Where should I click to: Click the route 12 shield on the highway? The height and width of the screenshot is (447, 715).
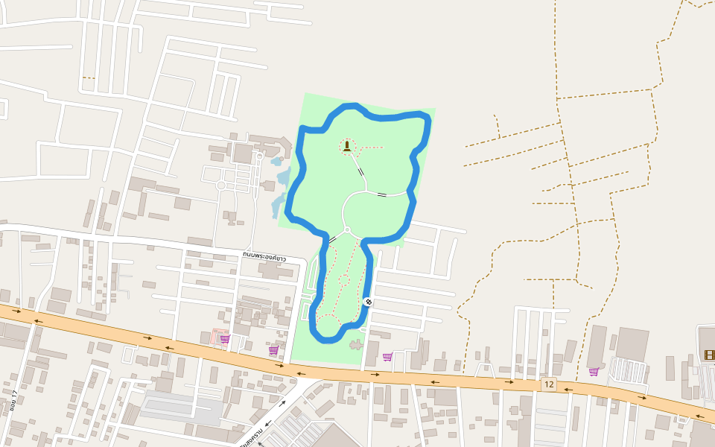[549, 384]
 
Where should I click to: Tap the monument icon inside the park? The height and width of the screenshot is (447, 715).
[347, 145]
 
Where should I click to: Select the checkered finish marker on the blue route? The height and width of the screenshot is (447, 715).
[368, 302]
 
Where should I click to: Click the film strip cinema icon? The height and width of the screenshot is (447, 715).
[709, 355]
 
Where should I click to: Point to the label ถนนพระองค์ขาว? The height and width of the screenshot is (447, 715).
[264, 256]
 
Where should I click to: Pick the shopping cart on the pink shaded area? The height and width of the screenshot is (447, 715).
[225, 339]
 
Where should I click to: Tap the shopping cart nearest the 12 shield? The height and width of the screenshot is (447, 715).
[594, 371]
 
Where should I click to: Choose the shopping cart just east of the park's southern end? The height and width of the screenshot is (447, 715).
[387, 357]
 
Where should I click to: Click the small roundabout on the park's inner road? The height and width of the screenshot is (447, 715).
[346, 230]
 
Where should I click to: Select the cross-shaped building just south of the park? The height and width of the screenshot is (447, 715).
[355, 345]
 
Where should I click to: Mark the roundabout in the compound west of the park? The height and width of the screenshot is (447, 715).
[221, 185]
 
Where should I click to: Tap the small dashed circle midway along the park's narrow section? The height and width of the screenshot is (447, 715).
[344, 280]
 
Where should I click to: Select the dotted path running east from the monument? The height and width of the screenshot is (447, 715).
[370, 148]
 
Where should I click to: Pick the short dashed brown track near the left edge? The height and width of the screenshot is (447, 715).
[89, 77]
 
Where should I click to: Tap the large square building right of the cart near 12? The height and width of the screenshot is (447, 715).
[632, 343]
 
